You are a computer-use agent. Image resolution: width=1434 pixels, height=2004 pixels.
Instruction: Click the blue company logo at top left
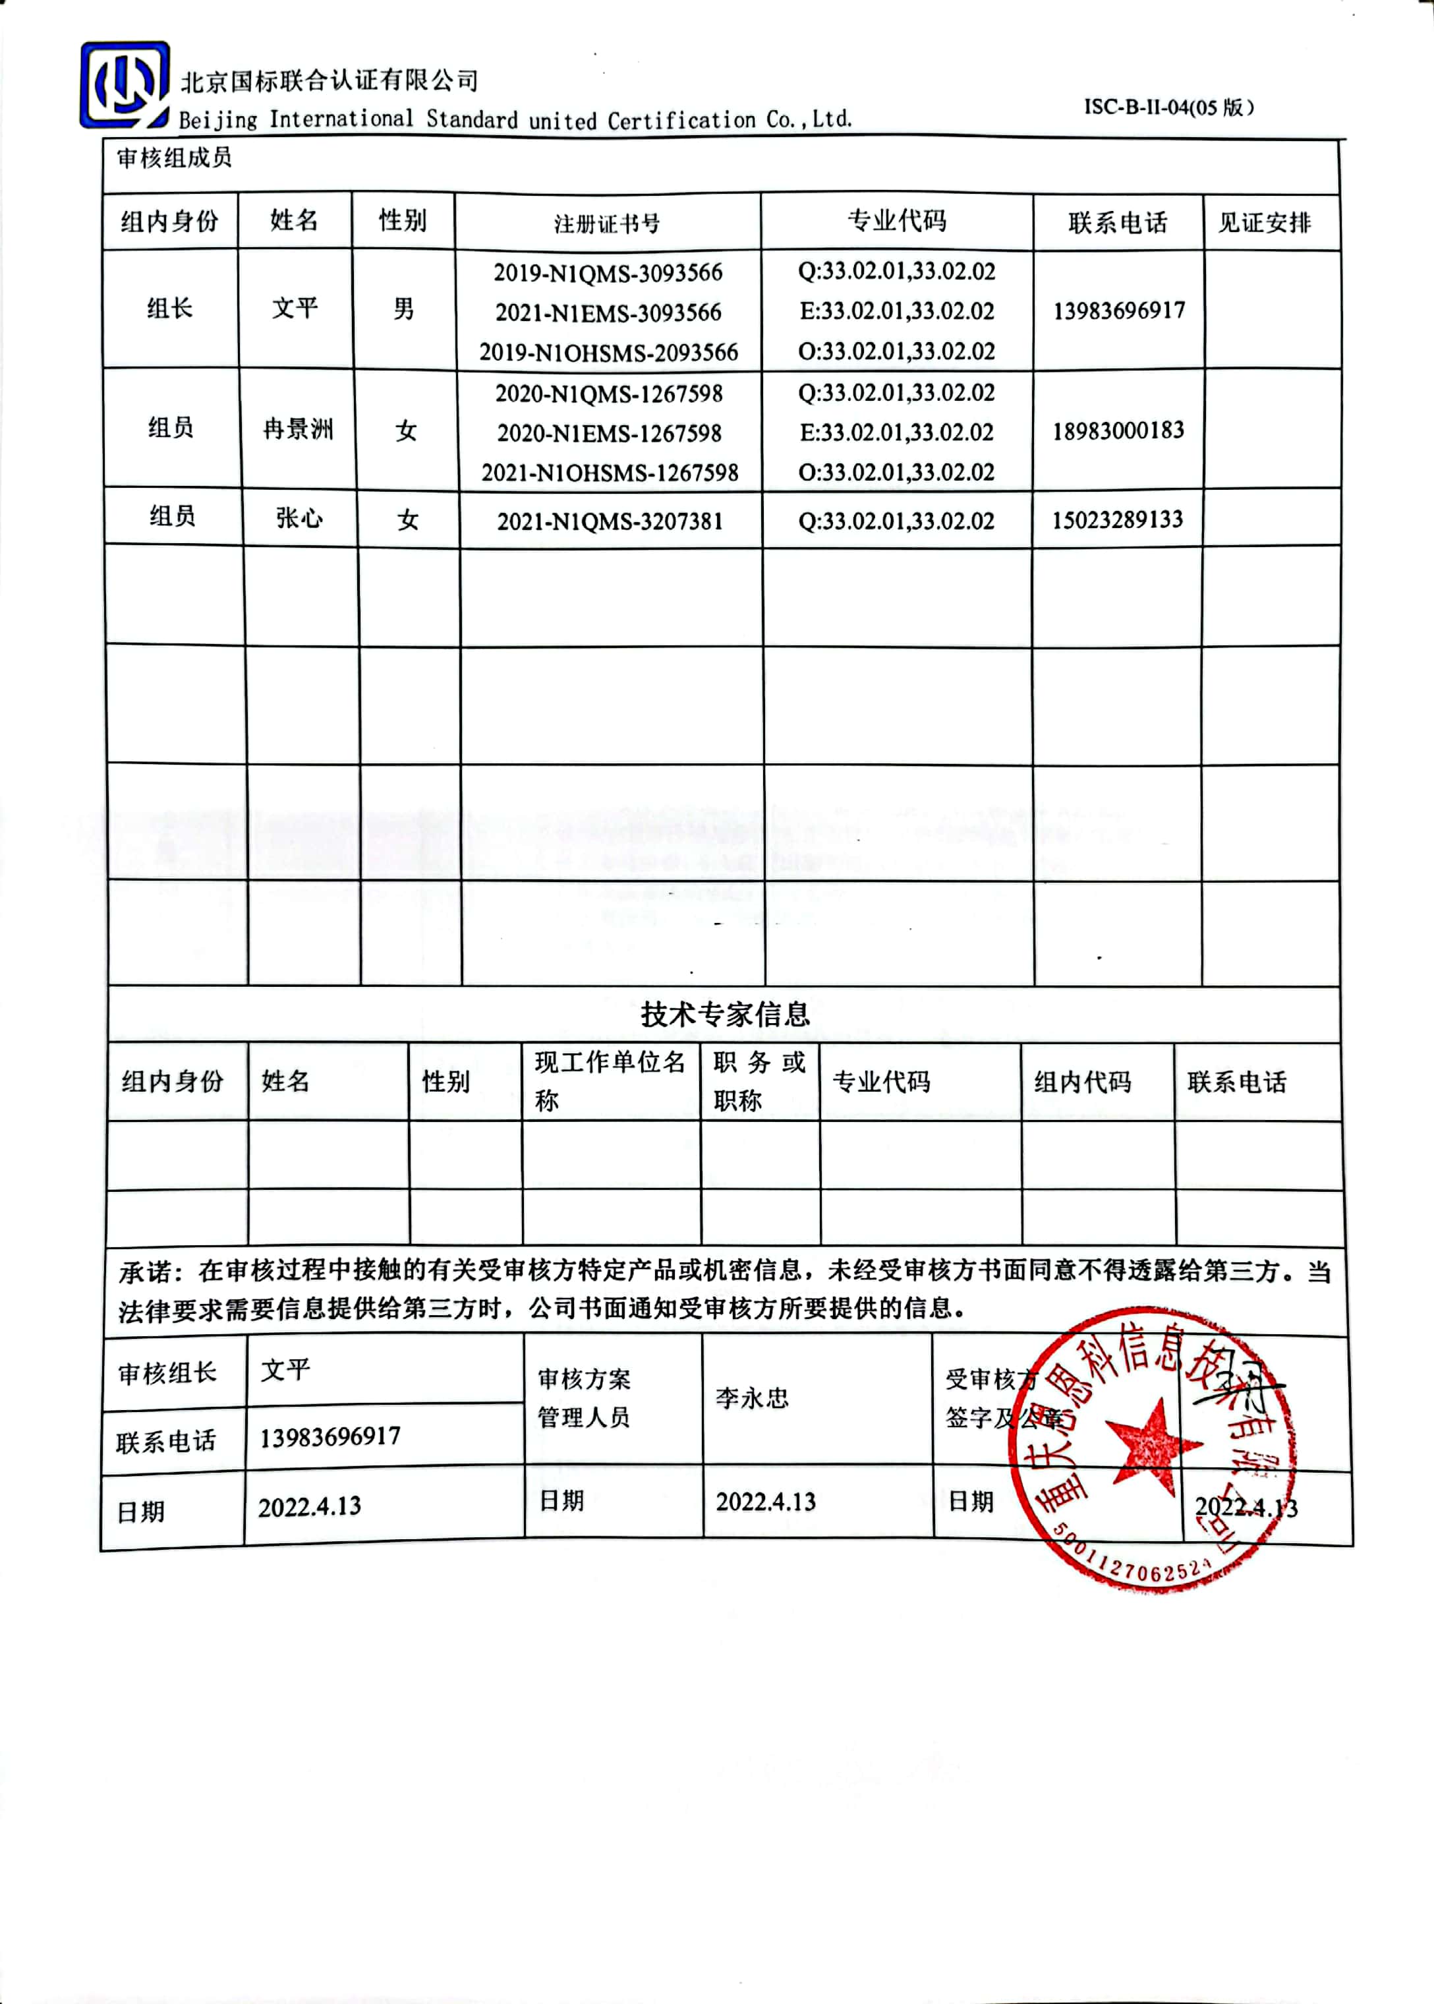click(x=125, y=85)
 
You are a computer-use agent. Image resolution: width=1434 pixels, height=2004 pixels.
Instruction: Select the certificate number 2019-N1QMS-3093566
click(x=608, y=273)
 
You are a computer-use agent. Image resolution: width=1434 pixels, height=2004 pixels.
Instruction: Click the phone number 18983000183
click(x=1118, y=431)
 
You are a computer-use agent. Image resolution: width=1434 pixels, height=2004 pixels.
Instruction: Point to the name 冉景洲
click(x=299, y=430)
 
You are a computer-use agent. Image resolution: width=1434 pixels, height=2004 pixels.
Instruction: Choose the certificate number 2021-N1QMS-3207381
click(x=610, y=521)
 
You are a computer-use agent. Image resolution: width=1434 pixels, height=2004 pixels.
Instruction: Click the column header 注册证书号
click(x=607, y=223)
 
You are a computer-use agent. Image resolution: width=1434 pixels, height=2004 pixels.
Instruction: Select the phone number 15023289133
click(x=1117, y=519)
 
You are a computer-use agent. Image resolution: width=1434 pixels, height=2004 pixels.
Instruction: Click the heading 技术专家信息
click(x=724, y=1014)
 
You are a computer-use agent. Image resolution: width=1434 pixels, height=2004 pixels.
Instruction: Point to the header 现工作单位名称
click(x=610, y=1080)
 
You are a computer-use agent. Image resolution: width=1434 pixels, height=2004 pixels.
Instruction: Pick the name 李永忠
click(x=751, y=1398)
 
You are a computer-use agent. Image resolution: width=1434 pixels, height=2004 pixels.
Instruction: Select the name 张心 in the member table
click(x=299, y=517)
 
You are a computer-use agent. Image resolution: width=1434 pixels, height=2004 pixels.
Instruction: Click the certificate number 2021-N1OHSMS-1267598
click(x=610, y=473)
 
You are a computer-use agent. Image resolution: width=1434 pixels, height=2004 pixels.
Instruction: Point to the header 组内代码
click(x=1083, y=1082)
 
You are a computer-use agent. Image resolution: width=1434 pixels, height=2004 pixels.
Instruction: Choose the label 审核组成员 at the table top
click(x=174, y=159)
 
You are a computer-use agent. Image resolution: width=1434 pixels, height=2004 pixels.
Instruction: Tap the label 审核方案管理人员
click(x=584, y=1398)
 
